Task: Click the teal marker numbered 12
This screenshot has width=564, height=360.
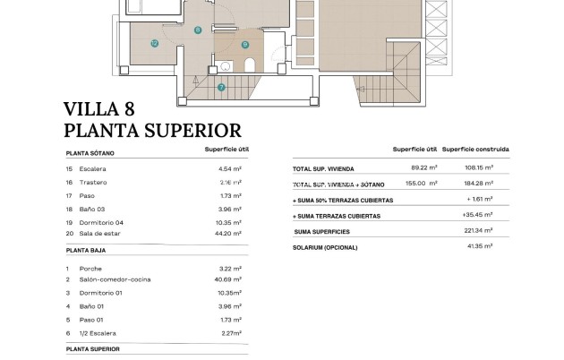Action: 154,42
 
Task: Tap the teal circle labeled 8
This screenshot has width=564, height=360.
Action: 197,30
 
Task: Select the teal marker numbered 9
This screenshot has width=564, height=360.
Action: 244,44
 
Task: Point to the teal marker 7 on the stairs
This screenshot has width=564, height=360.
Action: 221,87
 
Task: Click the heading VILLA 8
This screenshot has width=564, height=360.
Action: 101,110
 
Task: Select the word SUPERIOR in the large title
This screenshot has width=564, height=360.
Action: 190,131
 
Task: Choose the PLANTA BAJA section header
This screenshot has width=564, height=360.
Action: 86,253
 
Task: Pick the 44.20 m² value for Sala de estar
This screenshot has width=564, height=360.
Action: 232,233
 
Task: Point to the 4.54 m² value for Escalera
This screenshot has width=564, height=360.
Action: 232,168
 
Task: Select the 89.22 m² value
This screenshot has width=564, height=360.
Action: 423,167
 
